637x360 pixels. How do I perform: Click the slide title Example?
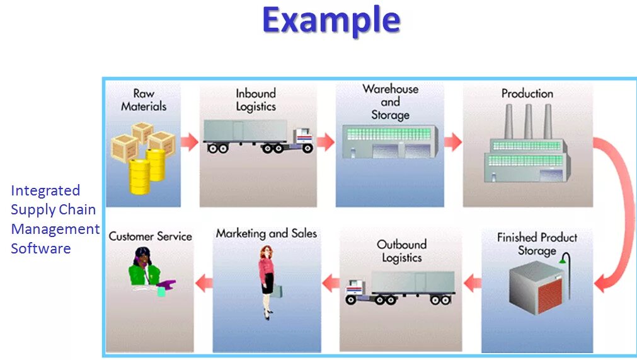331,20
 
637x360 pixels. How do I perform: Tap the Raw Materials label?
144,100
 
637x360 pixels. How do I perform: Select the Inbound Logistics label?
256,100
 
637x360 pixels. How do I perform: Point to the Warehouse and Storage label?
390,102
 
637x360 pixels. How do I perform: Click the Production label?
527,93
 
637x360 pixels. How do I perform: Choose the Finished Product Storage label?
537,244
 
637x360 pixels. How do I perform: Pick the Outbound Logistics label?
401,251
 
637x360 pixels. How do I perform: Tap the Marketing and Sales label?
266,233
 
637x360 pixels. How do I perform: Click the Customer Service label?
150,236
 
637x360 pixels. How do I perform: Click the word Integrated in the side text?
45,190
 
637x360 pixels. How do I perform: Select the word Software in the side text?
40,248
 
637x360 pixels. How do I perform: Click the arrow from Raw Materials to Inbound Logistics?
190,142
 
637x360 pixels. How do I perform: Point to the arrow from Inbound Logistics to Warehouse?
325,142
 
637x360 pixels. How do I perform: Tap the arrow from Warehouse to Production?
452,142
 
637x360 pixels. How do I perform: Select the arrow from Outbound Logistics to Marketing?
330,284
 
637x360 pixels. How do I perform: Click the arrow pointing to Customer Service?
204,284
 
